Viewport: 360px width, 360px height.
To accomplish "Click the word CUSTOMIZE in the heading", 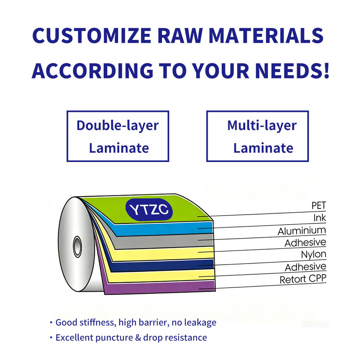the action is coord(92,36).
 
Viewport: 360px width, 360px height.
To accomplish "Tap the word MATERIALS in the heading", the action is coord(266,36).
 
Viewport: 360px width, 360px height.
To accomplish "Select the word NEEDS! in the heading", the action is coord(292,70).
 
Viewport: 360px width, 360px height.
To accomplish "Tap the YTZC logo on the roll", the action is coord(149,210).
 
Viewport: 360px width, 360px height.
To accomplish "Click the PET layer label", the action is coord(319,205).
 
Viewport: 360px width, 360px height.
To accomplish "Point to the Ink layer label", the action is coord(320,218).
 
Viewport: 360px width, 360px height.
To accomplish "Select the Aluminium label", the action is coord(301,231).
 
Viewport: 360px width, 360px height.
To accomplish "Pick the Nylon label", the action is coord(313,254).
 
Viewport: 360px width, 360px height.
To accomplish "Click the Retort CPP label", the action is coord(303,279).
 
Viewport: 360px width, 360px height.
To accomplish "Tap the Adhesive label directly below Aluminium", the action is coord(305,243).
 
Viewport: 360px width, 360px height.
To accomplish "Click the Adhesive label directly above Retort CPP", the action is coord(306,267).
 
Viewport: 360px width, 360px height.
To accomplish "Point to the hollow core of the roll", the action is coord(77,247).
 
